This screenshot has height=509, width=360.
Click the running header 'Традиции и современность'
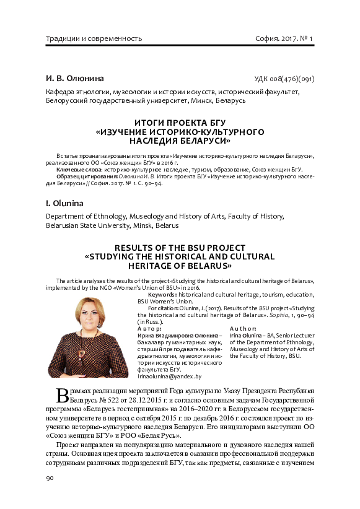(x=94, y=38)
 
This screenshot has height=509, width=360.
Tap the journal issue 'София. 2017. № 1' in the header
(x=284, y=38)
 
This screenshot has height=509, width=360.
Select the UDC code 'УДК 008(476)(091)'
(x=284, y=79)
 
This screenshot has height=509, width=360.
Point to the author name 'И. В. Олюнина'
(x=75, y=79)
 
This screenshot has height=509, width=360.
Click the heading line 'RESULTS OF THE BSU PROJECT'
(x=180, y=247)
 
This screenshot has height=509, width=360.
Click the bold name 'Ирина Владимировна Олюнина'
(x=175, y=334)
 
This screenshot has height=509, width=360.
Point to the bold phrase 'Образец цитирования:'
(x=86, y=176)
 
